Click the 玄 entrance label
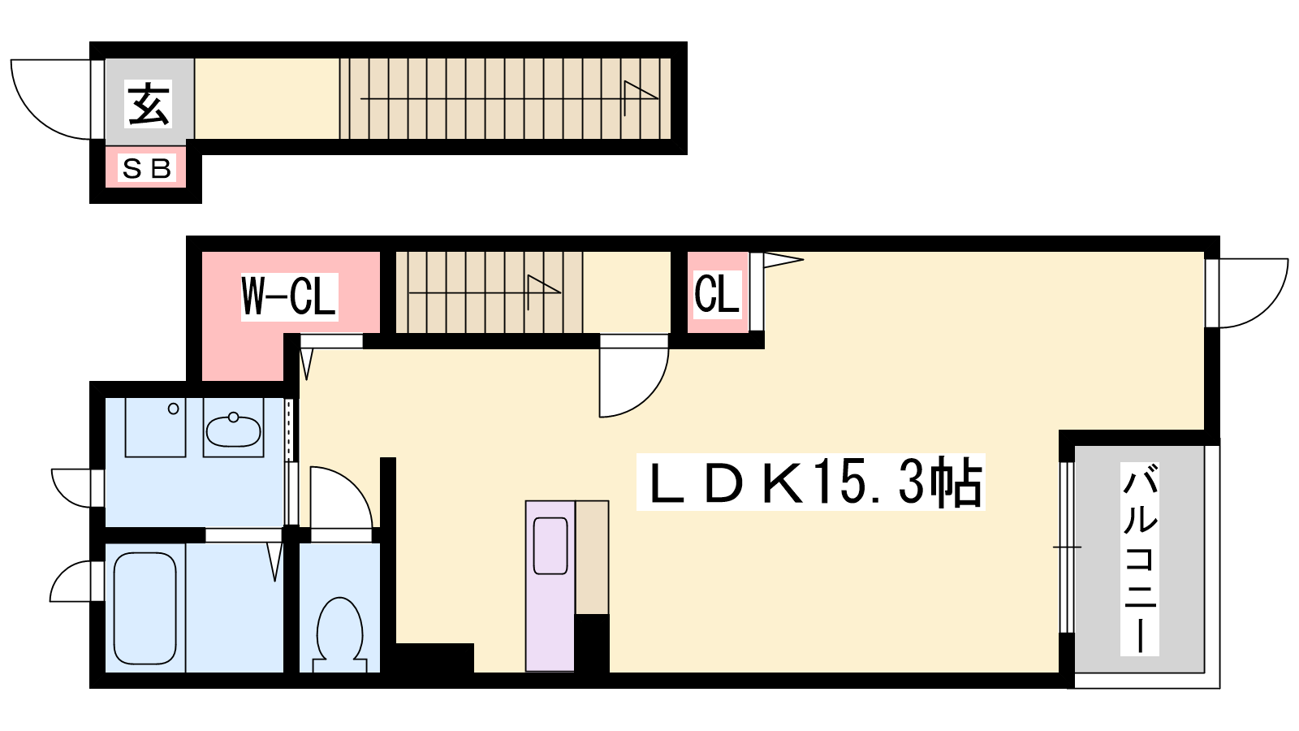pyautogui.click(x=149, y=104)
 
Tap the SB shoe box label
pyautogui.click(x=147, y=168)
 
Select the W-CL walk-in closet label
pyautogui.click(x=289, y=296)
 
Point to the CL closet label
pyautogui.click(x=718, y=294)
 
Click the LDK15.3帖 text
pyautogui.click(x=811, y=482)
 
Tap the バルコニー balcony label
pyautogui.click(x=1140, y=559)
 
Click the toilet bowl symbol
pyautogui.click(x=340, y=634)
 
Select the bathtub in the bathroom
pyautogui.click(x=145, y=608)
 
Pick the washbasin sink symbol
pyautogui.click(x=234, y=430)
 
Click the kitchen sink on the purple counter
pyautogui.click(x=550, y=546)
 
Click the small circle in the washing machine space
pyautogui.click(x=174, y=409)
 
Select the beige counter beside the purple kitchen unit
pyautogui.click(x=592, y=557)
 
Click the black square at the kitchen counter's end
pyautogui.click(x=592, y=643)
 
